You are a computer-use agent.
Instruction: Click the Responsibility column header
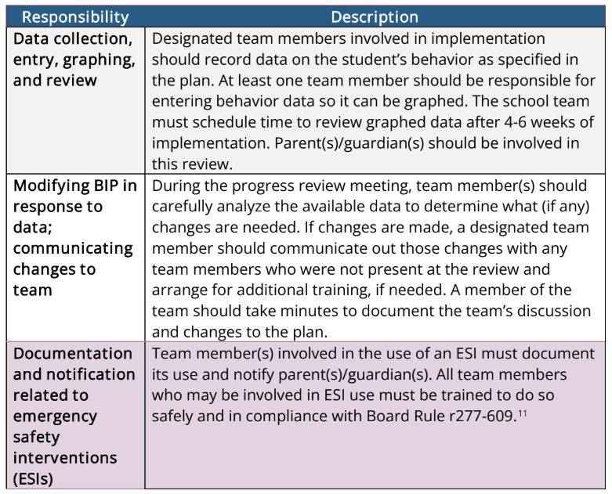76,16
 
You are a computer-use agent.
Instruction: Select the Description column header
375,16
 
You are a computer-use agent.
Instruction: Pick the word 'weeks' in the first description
521,123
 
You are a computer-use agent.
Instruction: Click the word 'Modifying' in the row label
49,186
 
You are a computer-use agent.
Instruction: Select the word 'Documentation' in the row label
73,354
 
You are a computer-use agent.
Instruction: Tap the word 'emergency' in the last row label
54,416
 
